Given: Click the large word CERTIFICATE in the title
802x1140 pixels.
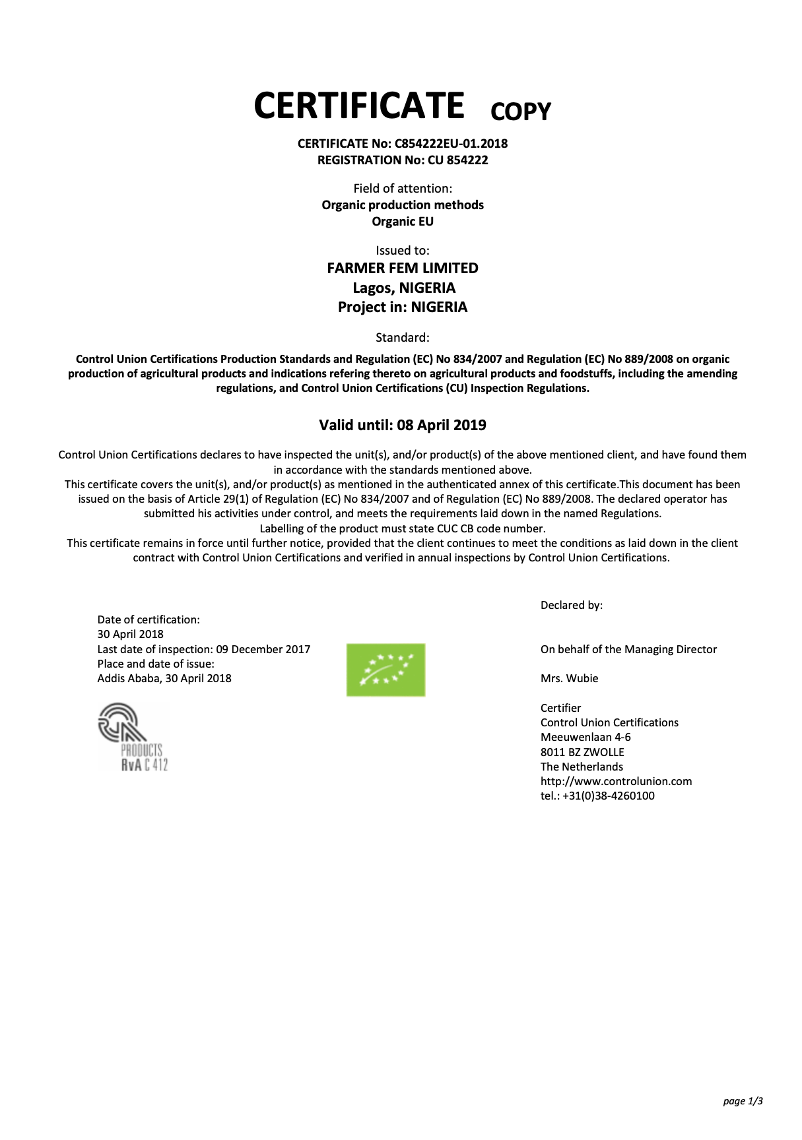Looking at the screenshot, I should point(359,106).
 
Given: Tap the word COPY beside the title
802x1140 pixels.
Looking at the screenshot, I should point(520,111).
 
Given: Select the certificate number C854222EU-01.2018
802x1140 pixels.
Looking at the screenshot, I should point(451,144).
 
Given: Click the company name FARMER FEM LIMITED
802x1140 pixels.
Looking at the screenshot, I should point(403,269).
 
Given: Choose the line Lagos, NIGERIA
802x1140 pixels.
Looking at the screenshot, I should point(404,288).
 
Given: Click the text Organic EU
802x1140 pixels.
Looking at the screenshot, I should point(403,222).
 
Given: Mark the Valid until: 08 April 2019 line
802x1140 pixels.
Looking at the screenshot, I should point(403,426).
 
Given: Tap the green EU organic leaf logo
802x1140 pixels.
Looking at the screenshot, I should point(385,670).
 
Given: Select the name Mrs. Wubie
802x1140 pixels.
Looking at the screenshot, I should point(569,679).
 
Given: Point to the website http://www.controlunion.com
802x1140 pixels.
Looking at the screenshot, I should point(616,782).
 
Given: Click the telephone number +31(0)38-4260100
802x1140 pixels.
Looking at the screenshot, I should point(608,796).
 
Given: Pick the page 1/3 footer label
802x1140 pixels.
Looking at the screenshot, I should point(743,1101).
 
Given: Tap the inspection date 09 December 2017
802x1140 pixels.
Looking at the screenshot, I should point(263,650).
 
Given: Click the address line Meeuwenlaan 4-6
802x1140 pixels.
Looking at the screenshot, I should point(585,738).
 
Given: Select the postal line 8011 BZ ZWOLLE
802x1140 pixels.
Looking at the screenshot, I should point(582,753).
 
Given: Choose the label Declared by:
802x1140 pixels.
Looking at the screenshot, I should point(572,606).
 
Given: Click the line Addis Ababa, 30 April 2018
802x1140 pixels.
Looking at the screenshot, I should point(164,679).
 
